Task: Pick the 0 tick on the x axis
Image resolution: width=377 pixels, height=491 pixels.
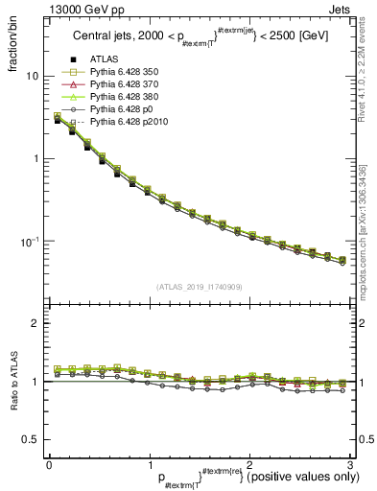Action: (x=49, y=464)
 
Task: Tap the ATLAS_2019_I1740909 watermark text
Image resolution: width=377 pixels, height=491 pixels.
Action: (x=200, y=287)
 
